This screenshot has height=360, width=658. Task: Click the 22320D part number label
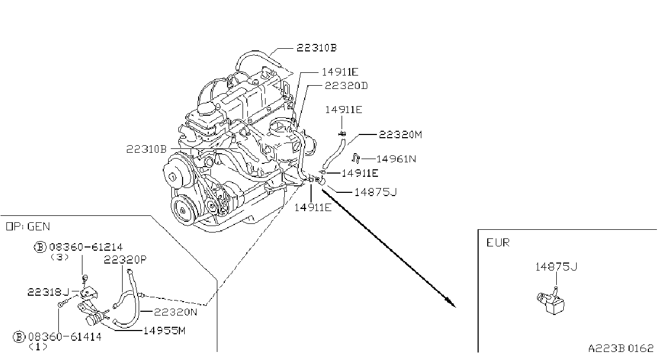coord(346,86)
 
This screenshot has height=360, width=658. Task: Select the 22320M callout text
coord(400,134)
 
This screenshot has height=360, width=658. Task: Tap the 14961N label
coord(396,159)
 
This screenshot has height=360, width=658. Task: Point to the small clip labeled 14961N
coord(356,159)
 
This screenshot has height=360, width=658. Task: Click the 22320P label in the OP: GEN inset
coord(125,259)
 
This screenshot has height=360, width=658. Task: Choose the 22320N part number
coord(176,312)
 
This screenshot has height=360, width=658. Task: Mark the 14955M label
coord(164,331)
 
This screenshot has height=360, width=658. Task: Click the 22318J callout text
coord(48,292)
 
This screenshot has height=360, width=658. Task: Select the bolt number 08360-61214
coord(86,247)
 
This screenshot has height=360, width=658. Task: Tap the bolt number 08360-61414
coord(65,336)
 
